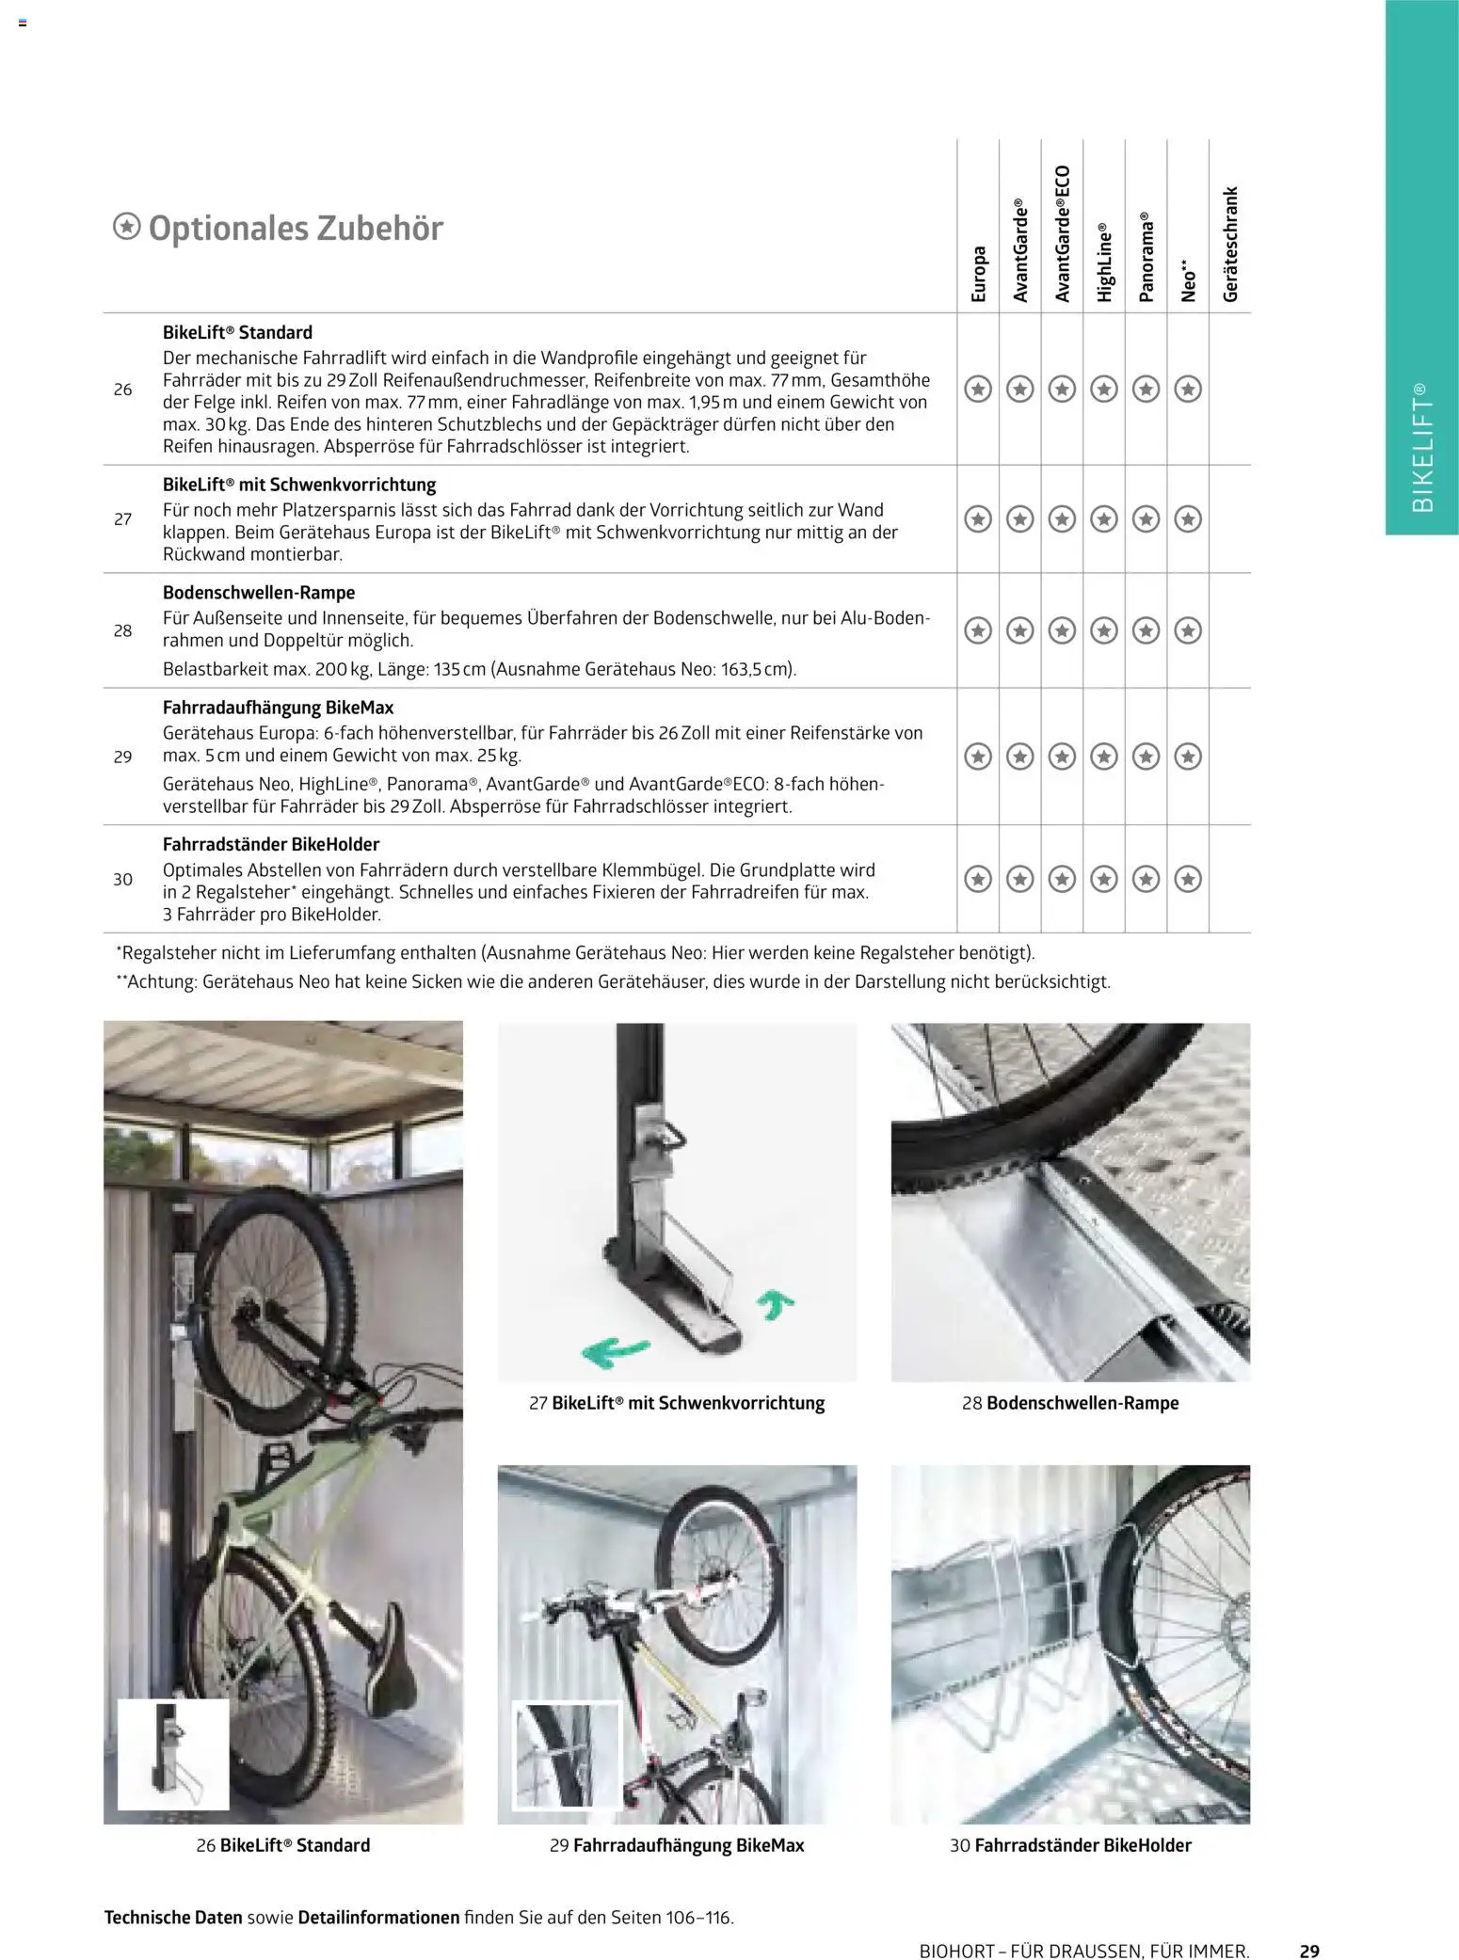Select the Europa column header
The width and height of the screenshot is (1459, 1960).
(979, 273)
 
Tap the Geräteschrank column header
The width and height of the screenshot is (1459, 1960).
(1230, 244)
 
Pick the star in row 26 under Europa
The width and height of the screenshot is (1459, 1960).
(979, 389)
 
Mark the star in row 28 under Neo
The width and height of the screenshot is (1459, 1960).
(1188, 630)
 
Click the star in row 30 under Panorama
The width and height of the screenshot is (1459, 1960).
(1146, 879)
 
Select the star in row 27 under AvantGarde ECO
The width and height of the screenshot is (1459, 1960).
(1063, 518)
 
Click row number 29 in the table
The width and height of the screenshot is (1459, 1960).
(122, 757)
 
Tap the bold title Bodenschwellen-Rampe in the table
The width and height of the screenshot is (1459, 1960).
(259, 593)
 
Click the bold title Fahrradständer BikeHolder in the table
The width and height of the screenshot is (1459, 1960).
(271, 844)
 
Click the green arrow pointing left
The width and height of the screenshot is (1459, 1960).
(613, 1351)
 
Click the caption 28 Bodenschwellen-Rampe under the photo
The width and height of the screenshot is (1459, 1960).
(1070, 1403)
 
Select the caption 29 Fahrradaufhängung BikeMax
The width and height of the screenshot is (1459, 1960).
(677, 1845)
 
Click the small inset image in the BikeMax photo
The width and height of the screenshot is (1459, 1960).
(566, 1757)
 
